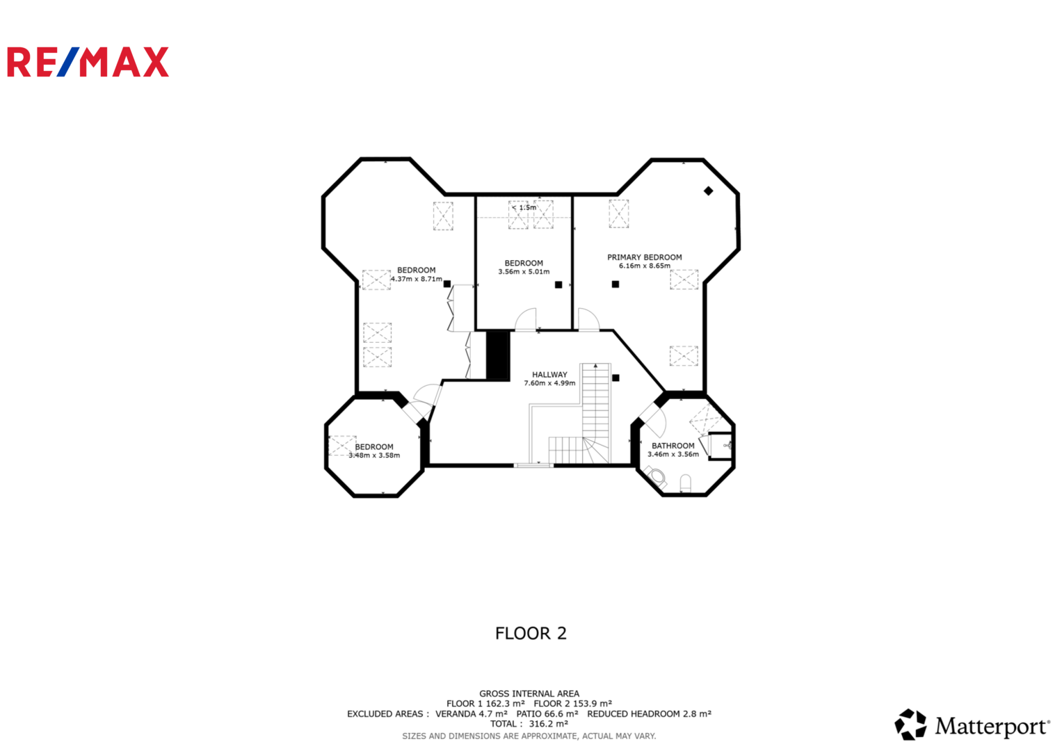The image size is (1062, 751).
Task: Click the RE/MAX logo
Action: pos(88,62)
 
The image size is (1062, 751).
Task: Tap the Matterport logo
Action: pos(972,725)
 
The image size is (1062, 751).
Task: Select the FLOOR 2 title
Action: pos(531,633)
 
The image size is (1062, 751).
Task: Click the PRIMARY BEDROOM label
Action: pos(644,257)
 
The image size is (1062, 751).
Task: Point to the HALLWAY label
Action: pos(549,375)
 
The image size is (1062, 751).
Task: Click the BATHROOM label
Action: pos(673,446)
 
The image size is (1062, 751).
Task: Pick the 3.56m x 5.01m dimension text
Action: pos(524,272)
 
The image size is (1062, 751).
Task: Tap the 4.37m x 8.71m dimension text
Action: pos(417,279)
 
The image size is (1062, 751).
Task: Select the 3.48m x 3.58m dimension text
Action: pos(374,455)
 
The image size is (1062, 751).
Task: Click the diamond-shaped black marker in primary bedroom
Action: pos(708,191)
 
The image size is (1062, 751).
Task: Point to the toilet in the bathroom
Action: pos(656,476)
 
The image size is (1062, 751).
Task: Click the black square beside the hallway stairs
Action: pos(616,378)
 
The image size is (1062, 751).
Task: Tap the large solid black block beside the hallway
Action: pos(498,355)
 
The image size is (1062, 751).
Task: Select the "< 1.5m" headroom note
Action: pos(524,208)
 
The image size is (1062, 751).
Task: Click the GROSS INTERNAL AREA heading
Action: pos(529,694)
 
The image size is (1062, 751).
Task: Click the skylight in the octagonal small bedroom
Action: pos(342,446)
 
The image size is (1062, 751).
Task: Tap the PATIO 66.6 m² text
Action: pos(547,714)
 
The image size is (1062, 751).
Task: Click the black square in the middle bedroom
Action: pos(558,285)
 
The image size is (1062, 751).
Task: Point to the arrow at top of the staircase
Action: pos(595,366)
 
